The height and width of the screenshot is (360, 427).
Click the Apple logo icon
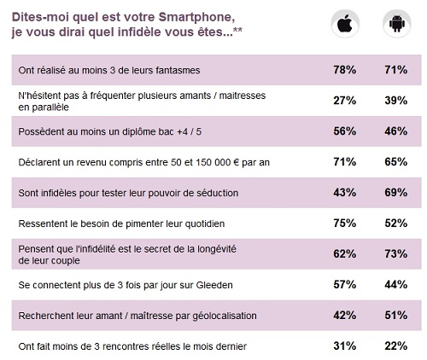[345, 24]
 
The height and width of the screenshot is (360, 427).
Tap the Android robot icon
[396, 23]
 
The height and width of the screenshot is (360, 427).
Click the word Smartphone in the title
[196, 17]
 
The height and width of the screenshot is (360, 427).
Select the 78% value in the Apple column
[345, 70]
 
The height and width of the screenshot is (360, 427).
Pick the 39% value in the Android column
[396, 101]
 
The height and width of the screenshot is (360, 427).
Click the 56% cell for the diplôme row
[345, 131]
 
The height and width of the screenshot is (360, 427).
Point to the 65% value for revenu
[396, 162]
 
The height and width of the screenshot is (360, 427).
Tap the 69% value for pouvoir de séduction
[396, 193]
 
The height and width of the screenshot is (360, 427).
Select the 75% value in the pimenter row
[345, 224]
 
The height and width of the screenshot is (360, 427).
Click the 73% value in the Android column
[396, 254]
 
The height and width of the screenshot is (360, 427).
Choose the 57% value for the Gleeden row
[345, 285]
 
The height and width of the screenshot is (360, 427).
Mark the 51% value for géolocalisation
[396, 316]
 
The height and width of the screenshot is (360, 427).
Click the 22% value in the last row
[396, 346]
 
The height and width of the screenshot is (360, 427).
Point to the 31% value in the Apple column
[345, 346]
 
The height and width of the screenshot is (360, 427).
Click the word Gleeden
[214, 285]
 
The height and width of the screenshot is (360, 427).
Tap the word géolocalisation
[225, 316]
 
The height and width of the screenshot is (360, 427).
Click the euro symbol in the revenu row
[237, 162]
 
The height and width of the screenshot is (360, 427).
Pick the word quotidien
[205, 224]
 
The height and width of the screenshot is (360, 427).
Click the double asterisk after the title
[237, 30]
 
